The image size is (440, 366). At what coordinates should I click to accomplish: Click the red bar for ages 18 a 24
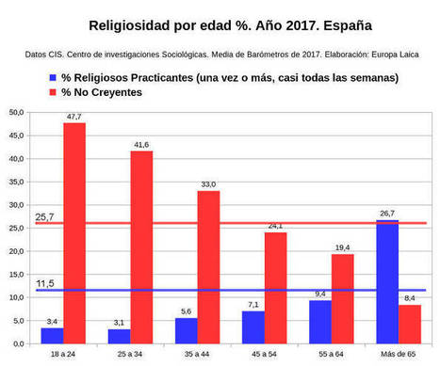(74, 232)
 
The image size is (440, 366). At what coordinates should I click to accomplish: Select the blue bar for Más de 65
(387, 281)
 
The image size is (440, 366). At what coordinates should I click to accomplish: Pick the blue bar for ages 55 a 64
(320, 321)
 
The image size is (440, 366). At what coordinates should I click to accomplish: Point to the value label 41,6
(141, 144)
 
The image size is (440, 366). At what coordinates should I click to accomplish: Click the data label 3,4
(52, 321)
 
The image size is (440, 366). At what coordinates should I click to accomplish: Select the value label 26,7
(387, 214)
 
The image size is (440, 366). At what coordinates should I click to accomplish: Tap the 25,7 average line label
(44, 216)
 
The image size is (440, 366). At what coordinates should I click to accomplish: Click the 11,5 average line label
(44, 283)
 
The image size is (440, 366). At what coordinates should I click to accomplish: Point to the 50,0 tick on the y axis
(16, 113)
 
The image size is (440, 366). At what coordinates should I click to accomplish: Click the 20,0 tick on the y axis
(16, 251)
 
